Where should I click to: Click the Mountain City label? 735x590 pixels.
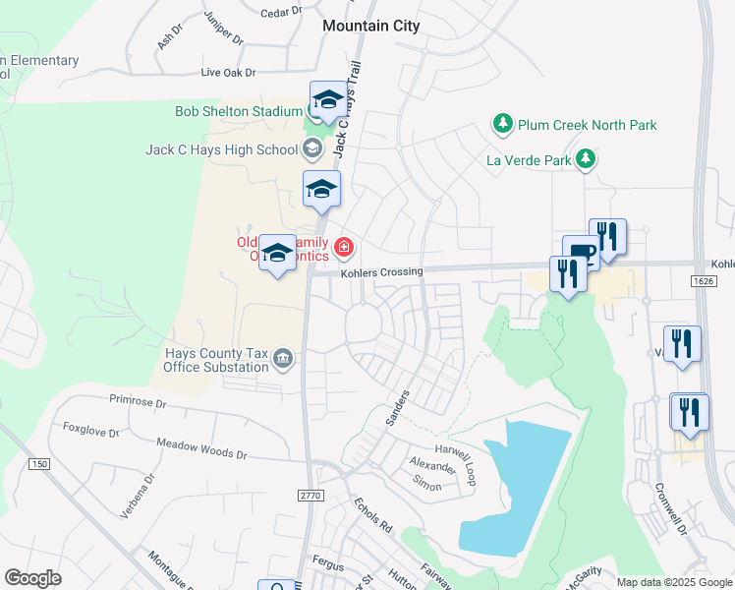tap(370, 27)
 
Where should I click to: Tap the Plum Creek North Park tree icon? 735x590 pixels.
tap(503, 125)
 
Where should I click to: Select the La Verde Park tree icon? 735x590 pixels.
tap(586, 158)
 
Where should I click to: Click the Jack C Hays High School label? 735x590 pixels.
tap(221, 149)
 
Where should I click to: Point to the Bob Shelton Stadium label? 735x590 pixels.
tap(238, 111)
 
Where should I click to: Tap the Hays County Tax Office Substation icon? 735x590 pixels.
tap(283, 358)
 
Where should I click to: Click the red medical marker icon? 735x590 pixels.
tap(345, 246)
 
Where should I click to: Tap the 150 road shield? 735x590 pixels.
tap(39, 463)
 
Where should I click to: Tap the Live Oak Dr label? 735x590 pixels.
tap(228, 73)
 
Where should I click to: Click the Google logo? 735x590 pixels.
tap(32, 578)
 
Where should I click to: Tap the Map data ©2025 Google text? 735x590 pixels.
tap(673, 582)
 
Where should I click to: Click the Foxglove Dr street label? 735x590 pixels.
tap(90, 430)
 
